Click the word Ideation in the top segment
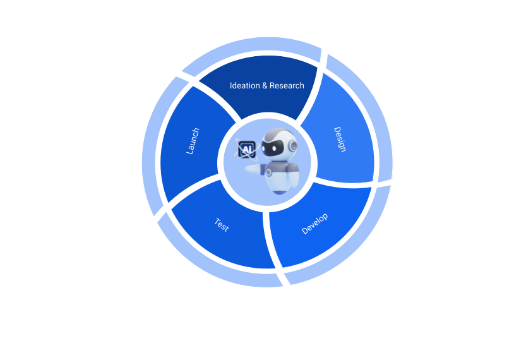244,85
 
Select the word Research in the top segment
287,85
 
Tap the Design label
340,139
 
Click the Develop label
314,224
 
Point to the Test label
222,225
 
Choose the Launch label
193,141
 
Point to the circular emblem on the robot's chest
268,172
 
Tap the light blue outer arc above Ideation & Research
253,46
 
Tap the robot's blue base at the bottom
280,186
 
